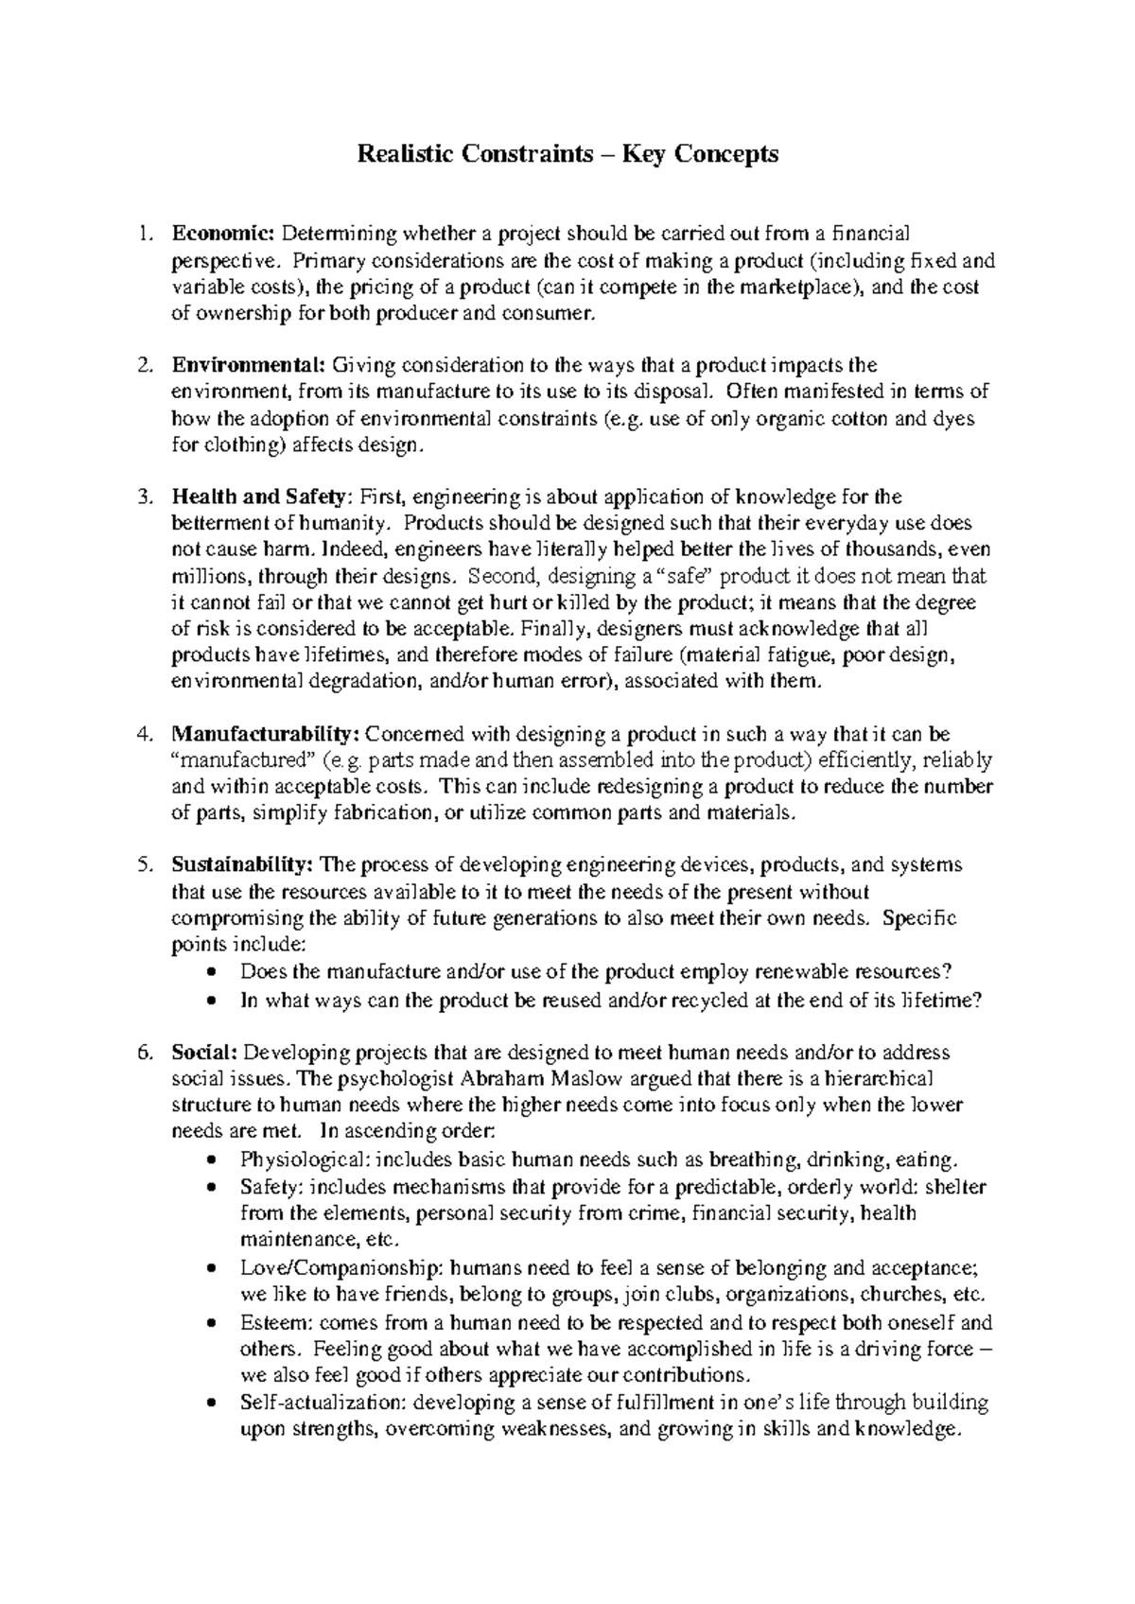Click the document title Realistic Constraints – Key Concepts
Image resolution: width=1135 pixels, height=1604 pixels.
point(567,154)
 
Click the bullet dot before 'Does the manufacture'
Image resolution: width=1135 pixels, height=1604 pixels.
point(217,972)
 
